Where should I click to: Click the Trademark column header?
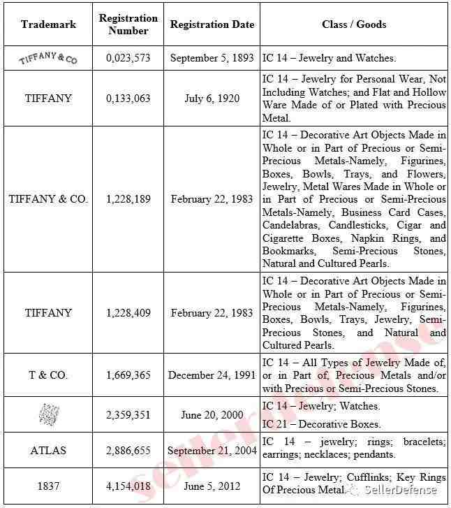click(48, 24)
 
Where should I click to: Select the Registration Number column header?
click(128, 24)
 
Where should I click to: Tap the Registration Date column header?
click(212, 24)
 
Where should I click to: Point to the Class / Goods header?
click(354, 24)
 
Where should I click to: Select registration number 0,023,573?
click(128, 59)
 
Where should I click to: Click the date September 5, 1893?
click(212, 59)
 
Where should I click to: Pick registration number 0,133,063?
click(128, 99)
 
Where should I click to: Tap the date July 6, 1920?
click(212, 99)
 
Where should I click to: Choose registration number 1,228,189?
click(128, 199)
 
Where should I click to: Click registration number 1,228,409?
click(128, 312)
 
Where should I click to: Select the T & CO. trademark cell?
click(48, 375)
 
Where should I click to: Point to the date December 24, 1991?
click(212, 375)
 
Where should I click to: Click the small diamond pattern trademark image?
click(48, 415)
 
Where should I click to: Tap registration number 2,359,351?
click(128, 415)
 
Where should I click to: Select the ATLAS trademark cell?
click(48, 451)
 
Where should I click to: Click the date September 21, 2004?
click(212, 451)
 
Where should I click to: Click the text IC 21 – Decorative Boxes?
click(322, 424)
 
